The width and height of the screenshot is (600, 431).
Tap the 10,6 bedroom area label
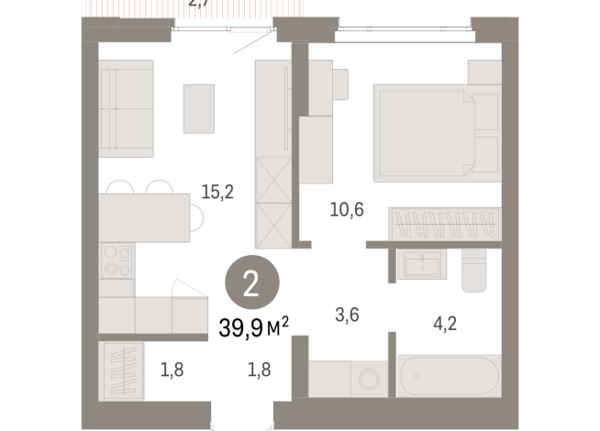click(347, 210)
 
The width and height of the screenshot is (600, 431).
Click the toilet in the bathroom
click(474, 272)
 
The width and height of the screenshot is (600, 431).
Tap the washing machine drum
click(371, 379)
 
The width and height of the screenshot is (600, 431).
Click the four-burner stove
click(117, 260)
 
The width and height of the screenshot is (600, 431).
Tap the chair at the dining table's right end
click(198, 217)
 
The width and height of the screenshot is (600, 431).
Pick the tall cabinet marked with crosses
click(272, 202)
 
